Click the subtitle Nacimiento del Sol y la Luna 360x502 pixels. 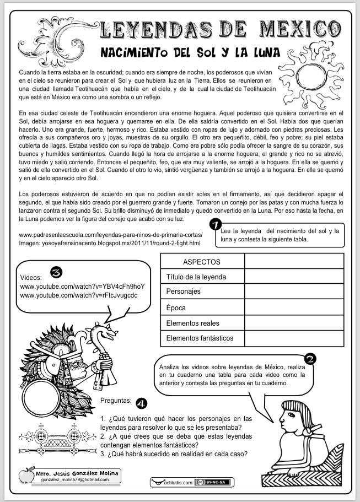pos(187,53)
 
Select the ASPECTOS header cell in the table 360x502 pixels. pos(202,262)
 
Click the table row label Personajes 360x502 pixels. pos(184,291)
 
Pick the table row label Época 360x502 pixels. pos(176,307)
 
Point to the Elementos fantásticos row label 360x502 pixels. pos(200,338)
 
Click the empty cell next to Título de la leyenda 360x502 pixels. pos(293,277)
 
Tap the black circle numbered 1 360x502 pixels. pos(217,225)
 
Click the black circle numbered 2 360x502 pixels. pos(310,359)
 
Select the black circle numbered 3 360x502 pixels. pos(55,272)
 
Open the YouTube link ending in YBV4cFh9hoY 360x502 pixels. pos(82,287)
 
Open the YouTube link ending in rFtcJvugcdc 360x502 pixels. pos(79,295)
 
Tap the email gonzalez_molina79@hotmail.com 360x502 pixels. pos(74,480)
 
